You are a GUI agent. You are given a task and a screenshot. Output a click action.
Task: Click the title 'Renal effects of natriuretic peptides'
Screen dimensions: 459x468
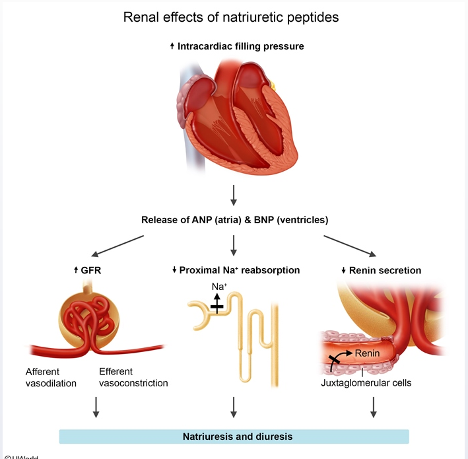tap(231, 17)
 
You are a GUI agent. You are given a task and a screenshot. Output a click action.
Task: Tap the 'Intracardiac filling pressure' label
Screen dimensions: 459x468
tap(237, 46)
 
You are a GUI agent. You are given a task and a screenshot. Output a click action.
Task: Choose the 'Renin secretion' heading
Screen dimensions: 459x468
tap(382, 270)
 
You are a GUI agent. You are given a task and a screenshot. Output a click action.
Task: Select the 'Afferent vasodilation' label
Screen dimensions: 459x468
tap(51, 377)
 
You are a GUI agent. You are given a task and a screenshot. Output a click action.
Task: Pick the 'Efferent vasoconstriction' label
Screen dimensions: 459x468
tap(133, 377)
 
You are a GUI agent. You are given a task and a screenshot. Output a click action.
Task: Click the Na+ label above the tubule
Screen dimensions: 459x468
tap(219, 287)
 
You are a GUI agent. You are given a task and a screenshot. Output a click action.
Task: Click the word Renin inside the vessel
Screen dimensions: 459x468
tap(367, 353)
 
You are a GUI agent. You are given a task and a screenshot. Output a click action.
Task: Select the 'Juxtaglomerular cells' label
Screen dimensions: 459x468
tap(366, 382)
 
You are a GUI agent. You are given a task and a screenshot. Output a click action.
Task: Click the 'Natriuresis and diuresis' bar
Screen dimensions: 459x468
tap(234, 437)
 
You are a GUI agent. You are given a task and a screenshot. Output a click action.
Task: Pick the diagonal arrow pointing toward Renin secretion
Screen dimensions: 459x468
tap(350, 245)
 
